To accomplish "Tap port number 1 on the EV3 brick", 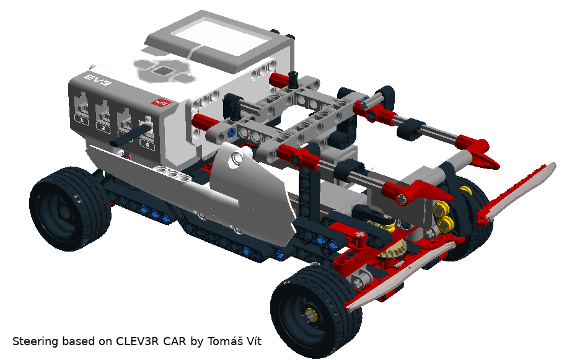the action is pyautogui.click(x=82, y=120).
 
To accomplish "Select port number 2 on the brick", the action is pyautogui.click(x=104, y=127).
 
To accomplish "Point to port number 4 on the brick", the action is pyautogui.click(x=147, y=144).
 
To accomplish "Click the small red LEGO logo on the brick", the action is pyautogui.click(x=162, y=103).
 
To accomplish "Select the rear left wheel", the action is pyautogui.click(x=69, y=209).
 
